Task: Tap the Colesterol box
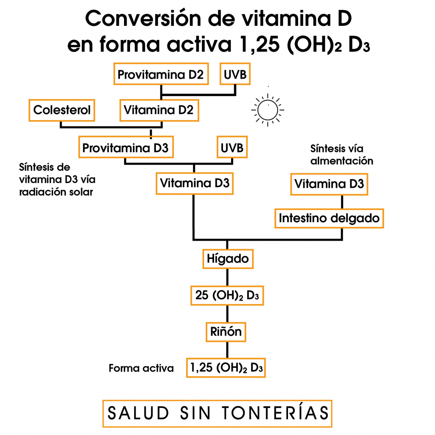pos(62,110)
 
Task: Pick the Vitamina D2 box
pos(158,110)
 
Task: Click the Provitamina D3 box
pos(125,148)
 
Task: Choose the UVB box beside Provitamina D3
pos(232,148)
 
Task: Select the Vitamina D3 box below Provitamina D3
pos(195,184)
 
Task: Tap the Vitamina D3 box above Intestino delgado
pos(329,184)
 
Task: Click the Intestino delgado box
pos(329,218)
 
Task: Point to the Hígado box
pos(227,258)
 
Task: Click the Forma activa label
pos(141,368)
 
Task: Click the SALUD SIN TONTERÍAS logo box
pos(217,413)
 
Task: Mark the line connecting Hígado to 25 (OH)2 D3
pos(227,277)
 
